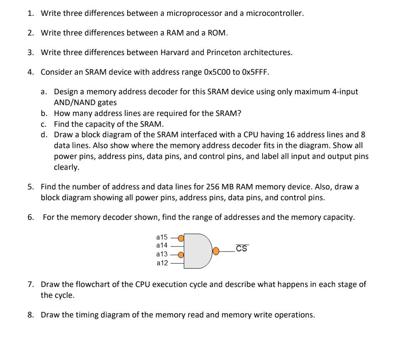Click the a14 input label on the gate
[x=162, y=245]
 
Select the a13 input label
[x=162, y=254]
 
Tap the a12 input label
[x=162, y=263]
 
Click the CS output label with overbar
[x=241, y=249]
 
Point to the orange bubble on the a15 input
[x=181, y=238]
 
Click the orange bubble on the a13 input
[x=181, y=255]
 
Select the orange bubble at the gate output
[x=216, y=251]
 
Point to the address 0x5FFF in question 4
[x=255, y=72]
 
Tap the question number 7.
[x=30, y=284]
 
